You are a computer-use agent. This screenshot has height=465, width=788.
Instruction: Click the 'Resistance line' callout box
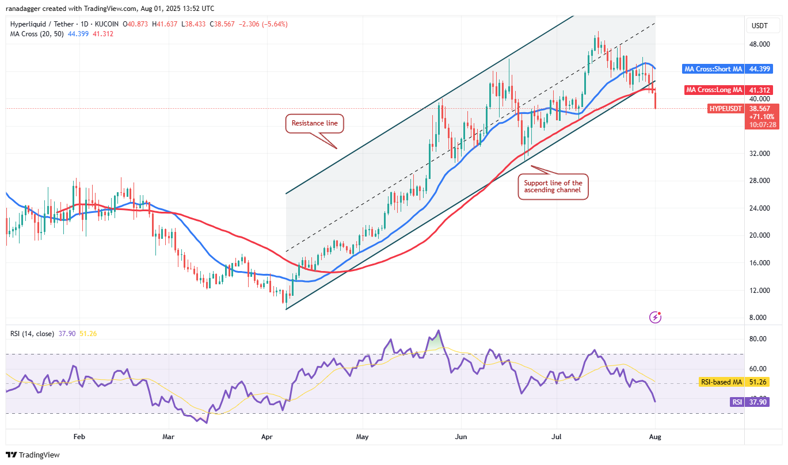tap(314, 123)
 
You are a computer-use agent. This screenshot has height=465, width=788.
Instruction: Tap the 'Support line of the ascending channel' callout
tap(553, 187)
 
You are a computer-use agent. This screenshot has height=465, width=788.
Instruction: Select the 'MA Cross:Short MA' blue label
tap(713, 69)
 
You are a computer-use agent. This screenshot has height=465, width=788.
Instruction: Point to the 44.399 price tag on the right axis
tap(760, 69)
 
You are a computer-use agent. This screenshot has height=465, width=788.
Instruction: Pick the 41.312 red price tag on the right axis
tap(760, 90)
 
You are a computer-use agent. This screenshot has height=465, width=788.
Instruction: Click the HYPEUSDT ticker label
tap(725, 108)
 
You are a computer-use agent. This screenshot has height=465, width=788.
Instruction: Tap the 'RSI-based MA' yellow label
tap(720, 382)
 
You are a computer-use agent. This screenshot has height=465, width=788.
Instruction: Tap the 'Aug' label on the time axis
tap(654, 437)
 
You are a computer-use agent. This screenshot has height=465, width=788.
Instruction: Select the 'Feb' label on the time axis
tap(79, 437)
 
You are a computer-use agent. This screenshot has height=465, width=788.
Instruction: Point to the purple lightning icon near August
tap(654, 317)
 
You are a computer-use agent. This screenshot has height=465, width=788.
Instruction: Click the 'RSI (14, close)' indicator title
tap(32, 334)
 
